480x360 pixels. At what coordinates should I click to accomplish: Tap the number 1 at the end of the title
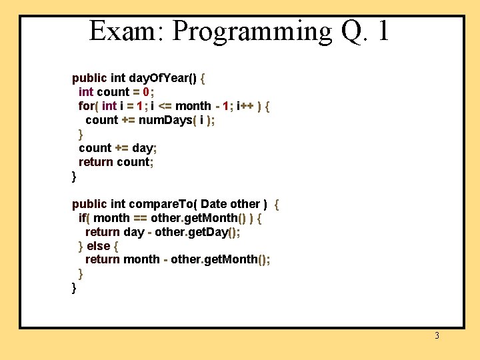tap(383, 31)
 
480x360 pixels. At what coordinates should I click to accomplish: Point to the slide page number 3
tap(437, 336)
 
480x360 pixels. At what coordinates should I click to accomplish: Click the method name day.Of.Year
tap(163, 78)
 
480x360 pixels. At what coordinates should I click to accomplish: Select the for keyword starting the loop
tap(86, 106)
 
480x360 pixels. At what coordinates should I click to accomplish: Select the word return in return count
tap(96, 162)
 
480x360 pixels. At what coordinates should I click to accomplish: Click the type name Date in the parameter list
tap(213, 204)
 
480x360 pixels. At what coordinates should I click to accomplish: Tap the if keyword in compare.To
tap(83, 218)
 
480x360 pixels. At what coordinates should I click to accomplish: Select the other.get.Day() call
tap(197, 232)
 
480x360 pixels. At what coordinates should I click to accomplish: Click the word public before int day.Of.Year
tap(89, 78)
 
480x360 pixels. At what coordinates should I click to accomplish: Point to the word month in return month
tap(141, 259)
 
